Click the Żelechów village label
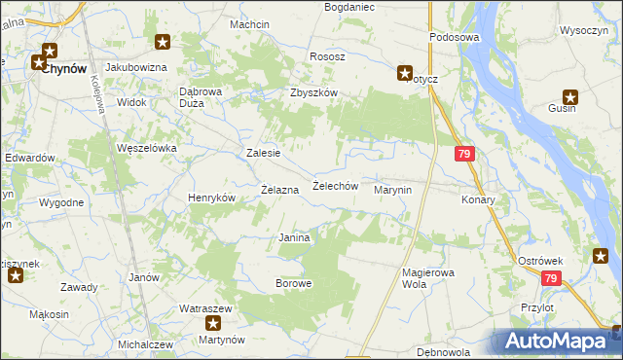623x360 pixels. (336, 186)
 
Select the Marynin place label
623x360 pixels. (394, 191)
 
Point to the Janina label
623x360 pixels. (294, 238)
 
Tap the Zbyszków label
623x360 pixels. (313, 92)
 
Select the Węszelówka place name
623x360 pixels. (146, 148)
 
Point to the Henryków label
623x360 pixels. (212, 198)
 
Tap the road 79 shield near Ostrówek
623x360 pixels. (552, 279)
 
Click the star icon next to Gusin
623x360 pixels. (571, 96)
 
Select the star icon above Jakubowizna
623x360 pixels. (164, 41)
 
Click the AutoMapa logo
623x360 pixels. (557, 341)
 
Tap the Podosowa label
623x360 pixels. (455, 37)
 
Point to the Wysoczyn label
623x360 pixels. (584, 30)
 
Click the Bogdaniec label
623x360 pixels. (348, 7)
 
